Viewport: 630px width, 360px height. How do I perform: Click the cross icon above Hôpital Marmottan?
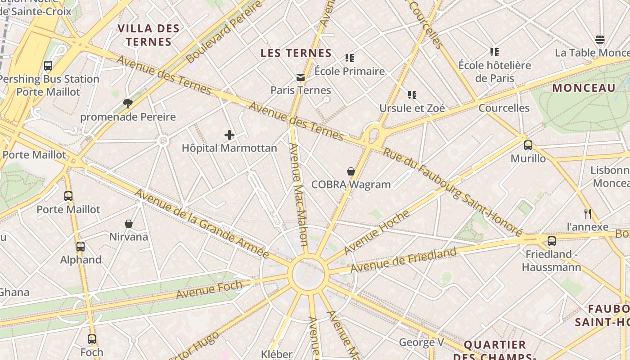click(229, 135)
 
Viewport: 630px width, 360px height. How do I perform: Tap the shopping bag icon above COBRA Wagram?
click(351, 171)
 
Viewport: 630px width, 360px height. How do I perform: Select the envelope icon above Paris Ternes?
click(301, 77)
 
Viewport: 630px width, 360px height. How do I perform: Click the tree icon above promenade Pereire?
click(128, 103)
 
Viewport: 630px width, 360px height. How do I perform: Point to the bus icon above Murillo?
click(528, 145)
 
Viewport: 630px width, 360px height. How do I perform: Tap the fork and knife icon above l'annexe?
click(587, 213)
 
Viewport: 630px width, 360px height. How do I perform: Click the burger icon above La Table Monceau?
click(599, 40)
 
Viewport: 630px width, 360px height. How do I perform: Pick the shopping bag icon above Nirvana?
click(129, 224)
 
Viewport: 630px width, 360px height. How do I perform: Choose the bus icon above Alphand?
click(81, 247)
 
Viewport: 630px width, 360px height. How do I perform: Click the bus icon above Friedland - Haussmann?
click(552, 241)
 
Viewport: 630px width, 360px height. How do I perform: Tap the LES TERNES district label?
click(296, 53)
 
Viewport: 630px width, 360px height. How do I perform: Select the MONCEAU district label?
click(584, 88)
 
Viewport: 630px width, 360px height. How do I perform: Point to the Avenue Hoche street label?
click(377, 231)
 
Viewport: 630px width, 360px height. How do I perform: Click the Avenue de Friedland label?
click(403, 260)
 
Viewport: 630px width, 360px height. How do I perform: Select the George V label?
click(421, 342)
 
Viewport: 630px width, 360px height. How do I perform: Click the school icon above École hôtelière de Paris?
click(495, 52)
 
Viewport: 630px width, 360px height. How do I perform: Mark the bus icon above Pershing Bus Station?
click(48, 66)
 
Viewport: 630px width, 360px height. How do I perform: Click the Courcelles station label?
click(504, 108)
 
